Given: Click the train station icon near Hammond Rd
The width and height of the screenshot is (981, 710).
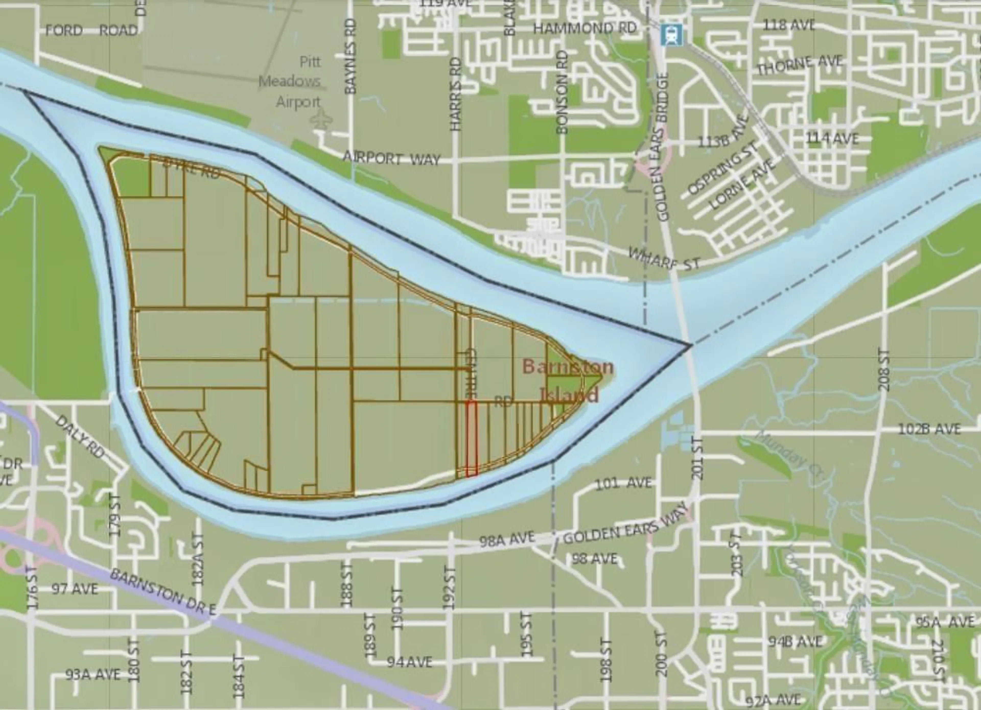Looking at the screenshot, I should [671, 34].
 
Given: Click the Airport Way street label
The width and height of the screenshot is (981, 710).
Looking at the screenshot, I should [391, 158].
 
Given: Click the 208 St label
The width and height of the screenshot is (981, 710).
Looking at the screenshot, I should [884, 370].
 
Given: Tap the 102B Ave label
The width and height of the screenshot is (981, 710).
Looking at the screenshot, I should [930, 429].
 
